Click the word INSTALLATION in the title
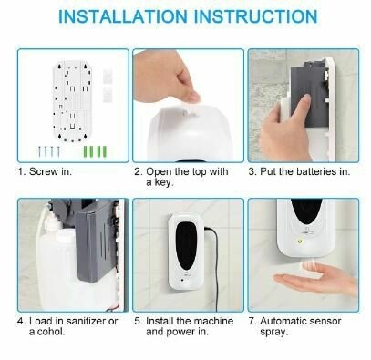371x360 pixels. [123, 16]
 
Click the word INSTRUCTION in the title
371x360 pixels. [256, 16]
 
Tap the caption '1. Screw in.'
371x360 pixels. [45, 171]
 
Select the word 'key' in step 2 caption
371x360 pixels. [163, 182]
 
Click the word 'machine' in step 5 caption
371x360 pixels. [213, 321]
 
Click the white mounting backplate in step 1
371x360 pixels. [72, 101]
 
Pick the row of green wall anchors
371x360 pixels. [95, 151]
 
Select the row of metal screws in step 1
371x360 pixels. [49, 151]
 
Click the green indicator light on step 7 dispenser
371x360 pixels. [300, 242]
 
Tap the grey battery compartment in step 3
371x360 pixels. [307, 91]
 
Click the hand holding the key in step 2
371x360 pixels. [166, 77]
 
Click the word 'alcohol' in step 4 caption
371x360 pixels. [46, 332]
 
